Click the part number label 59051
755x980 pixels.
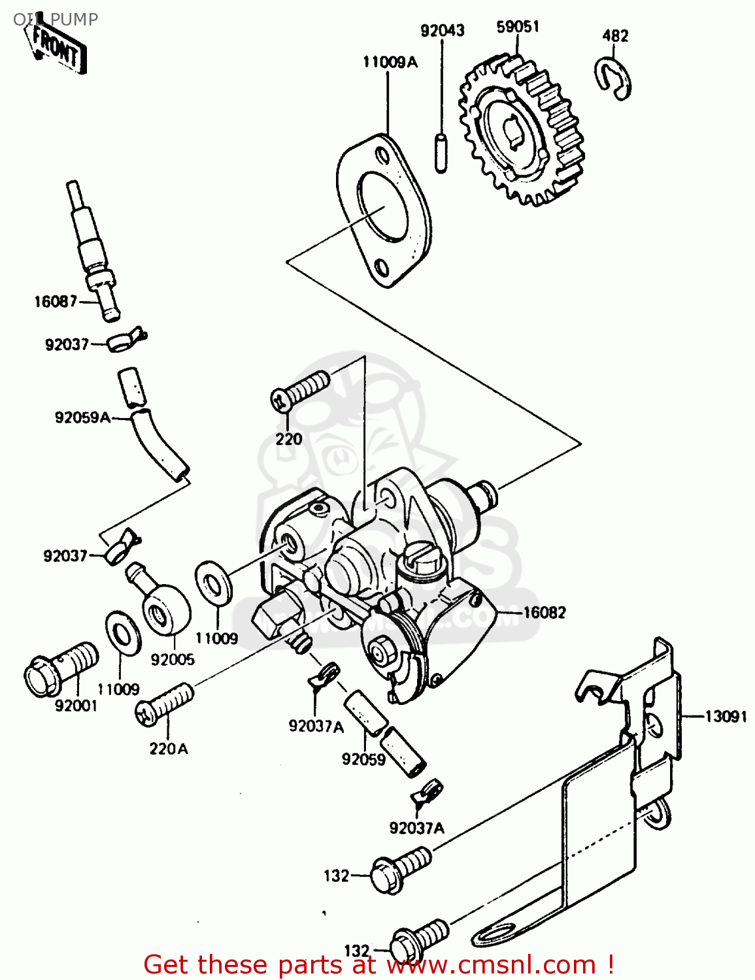[518, 27]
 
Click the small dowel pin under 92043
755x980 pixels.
[441, 153]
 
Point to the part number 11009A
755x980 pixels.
[390, 62]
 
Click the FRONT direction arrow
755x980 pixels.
[58, 48]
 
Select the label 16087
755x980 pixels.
[56, 301]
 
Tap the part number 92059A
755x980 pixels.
[82, 417]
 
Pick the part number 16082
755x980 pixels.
[544, 612]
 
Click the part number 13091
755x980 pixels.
[726, 717]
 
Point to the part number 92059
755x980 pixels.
[363, 759]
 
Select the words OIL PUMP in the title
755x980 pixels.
[56, 20]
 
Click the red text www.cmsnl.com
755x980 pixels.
[491, 964]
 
